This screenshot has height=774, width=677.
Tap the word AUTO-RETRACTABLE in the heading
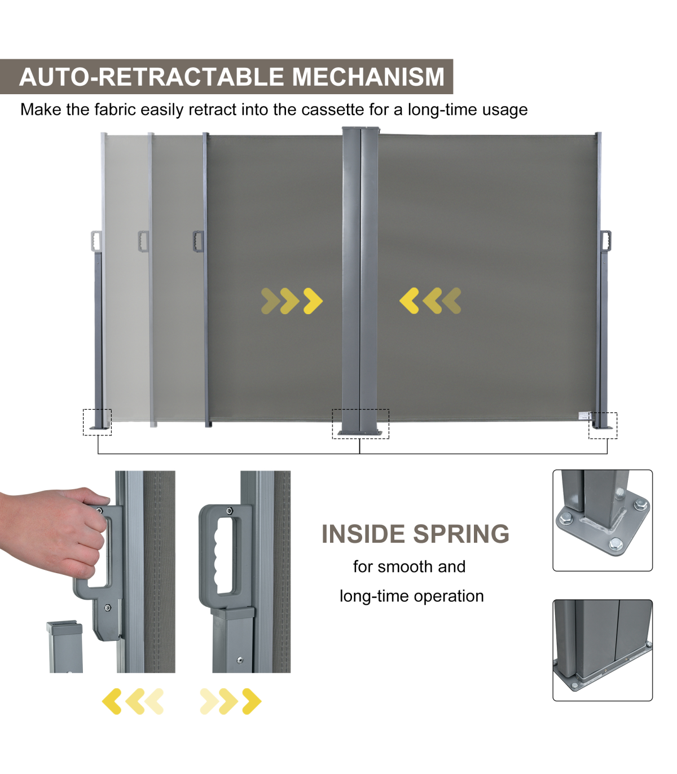(x=151, y=77)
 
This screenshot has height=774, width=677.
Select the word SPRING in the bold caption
(x=461, y=534)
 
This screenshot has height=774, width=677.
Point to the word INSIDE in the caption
(x=363, y=534)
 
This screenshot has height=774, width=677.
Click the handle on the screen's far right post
(x=606, y=240)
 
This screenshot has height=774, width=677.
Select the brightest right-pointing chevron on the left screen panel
(x=313, y=301)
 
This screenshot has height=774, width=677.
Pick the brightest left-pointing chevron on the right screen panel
(x=409, y=301)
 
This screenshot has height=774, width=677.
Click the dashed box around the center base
(x=361, y=424)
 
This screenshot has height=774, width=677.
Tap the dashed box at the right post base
(x=603, y=425)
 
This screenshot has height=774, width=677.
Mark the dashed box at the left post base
(x=97, y=422)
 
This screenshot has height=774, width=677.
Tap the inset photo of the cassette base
(x=603, y=650)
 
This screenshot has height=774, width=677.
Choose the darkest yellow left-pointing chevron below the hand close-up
(x=112, y=701)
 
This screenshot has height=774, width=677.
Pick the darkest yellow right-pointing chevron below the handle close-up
(x=252, y=701)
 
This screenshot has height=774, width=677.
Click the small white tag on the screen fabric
(x=584, y=416)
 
